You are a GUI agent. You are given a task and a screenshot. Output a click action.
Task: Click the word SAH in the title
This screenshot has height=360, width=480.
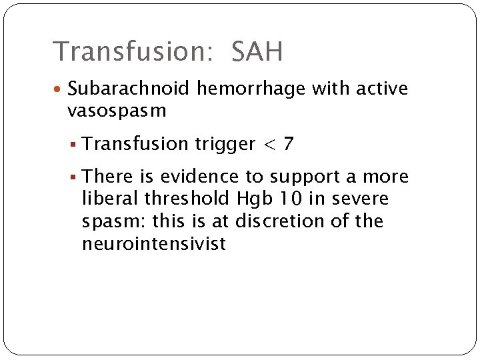pos(257,51)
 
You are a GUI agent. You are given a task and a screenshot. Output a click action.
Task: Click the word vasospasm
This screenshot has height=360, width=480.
pos(117,111)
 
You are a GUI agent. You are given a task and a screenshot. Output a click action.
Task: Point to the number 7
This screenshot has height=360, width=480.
pos(287,144)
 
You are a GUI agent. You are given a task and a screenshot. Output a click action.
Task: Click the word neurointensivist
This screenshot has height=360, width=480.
pos(154,244)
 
